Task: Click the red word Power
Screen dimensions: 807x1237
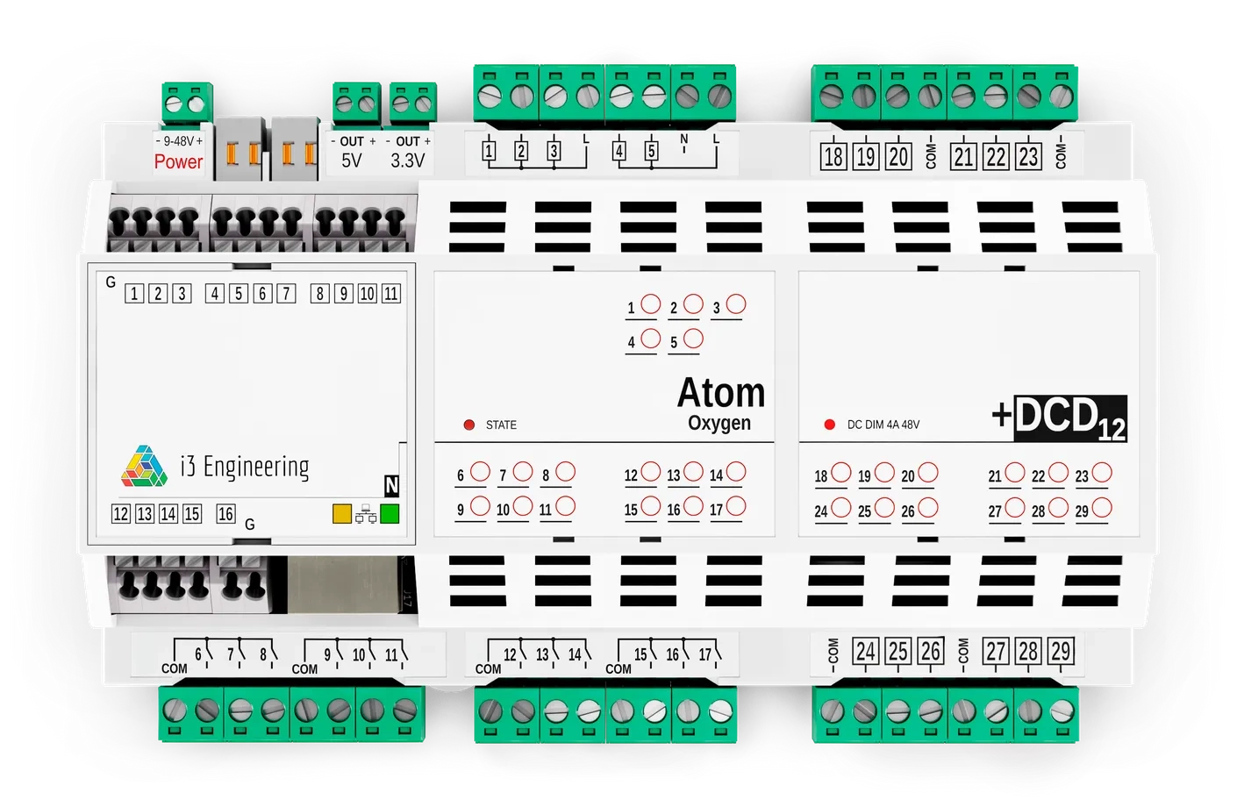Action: pos(178,161)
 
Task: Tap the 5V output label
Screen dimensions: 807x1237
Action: pos(352,161)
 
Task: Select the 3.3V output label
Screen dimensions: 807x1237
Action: pos(407,161)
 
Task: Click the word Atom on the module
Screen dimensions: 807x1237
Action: pos(721,392)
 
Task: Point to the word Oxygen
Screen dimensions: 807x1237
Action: pos(719,423)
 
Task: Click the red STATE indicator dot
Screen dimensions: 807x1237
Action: pos(468,425)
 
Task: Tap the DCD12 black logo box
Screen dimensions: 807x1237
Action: pos(1069,418)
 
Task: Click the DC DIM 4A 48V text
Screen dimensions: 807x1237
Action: pos(883,425)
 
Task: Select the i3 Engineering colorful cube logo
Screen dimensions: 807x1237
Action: pos(144,467)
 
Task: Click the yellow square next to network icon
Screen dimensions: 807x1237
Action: pos(342,514)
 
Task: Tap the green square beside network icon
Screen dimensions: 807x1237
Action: pos(390,514)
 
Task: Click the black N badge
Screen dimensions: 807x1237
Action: pos(391,485)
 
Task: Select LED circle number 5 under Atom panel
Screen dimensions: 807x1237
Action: pos(693,338)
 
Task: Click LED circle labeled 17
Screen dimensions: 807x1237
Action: pos(736,506)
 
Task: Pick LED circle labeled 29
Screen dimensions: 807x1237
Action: pos(1102,508)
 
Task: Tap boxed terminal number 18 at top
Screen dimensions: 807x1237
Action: pos(833,157)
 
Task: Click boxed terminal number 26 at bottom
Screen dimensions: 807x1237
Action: pos(930,651)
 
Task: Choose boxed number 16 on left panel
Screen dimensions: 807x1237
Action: pos(225,514)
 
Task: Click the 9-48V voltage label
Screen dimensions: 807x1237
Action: pos(179,141)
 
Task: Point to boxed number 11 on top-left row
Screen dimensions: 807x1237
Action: pos(391,294)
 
